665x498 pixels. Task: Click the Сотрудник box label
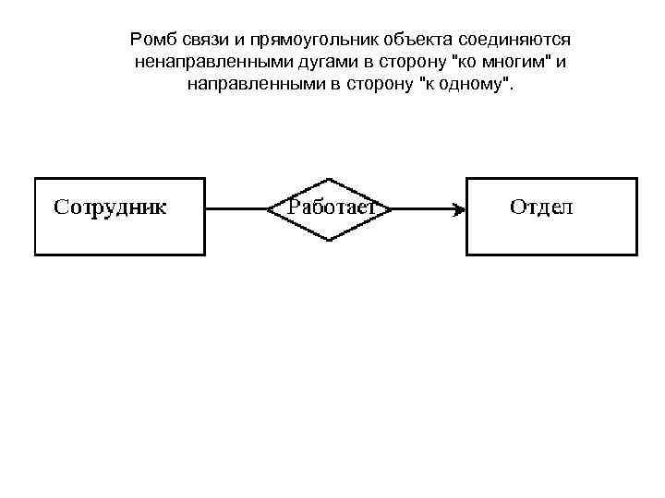point(110,207)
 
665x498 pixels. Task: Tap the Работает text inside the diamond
point(330,207)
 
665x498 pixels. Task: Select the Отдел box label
point(541,207)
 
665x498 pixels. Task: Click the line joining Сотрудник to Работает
point(236,209)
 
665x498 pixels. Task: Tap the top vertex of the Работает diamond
point(330,179)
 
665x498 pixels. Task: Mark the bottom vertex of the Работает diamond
point(330,240)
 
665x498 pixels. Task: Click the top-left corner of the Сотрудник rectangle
point(35,178)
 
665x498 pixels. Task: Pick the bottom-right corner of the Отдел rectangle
point(636,255)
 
